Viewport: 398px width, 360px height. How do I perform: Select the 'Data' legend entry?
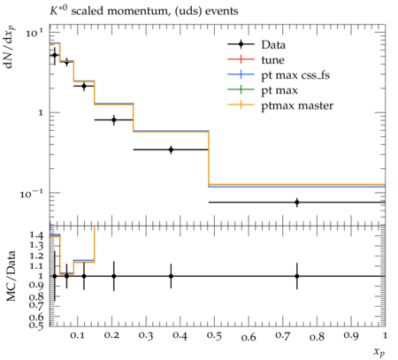coord(256,44)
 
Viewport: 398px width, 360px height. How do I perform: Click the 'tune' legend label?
coord(272,60)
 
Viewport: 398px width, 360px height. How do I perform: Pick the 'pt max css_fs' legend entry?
coord(279,75)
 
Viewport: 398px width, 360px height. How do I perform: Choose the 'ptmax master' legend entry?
coord(280,105)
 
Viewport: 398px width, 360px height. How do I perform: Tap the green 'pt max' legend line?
coord(241,90)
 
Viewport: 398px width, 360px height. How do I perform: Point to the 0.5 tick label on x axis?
coord(214,336)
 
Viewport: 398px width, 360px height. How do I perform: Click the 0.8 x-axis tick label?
coord(317,336)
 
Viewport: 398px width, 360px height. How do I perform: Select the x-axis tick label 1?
coord(385,335)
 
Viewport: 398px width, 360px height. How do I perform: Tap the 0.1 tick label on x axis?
coord(77,335)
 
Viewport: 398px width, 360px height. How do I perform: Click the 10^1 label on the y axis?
coord(34,32)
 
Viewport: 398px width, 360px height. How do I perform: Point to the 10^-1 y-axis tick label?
coord(31,193)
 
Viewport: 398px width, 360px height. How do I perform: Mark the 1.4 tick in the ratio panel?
coord(36,235)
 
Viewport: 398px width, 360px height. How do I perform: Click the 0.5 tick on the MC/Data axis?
coord(36,325)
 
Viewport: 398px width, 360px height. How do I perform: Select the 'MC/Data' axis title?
coord(11,276)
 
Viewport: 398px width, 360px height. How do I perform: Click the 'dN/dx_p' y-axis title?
coord(10,47)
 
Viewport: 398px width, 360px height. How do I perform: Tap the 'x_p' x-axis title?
coord(379,352)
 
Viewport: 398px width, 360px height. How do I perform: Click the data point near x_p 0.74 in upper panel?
coord(297,203)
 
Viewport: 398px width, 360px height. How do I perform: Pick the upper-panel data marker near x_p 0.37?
coord(171,149)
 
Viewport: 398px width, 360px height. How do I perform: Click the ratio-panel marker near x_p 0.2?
coord(114,276)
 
